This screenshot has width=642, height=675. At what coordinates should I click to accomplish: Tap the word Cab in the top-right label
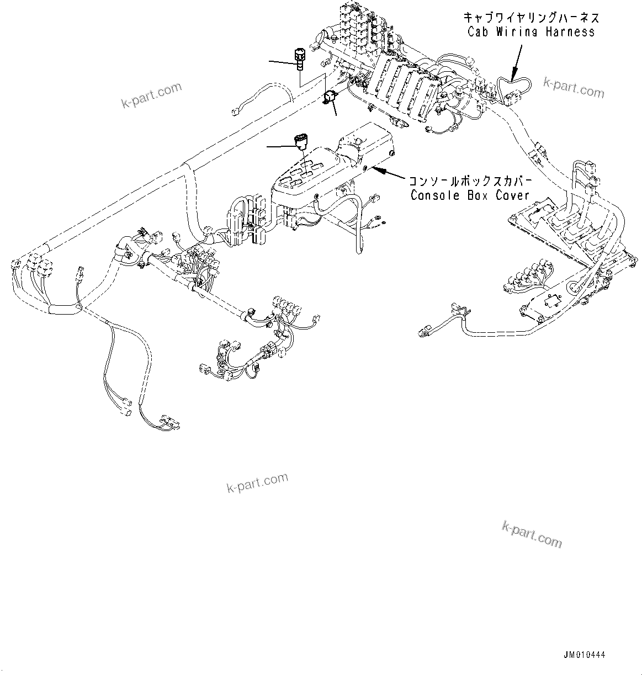tap(478, 32)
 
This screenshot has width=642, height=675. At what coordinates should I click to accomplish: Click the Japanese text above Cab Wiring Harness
tap(530, 18)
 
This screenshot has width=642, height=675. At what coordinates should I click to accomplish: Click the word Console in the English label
tap(434, 195)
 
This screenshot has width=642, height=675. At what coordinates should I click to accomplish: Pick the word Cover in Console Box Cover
tap(511, 195)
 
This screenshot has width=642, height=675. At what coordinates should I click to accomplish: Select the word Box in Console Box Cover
tap(474, 195)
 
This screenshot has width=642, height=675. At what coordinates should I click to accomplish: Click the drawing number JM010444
tap(585, 655)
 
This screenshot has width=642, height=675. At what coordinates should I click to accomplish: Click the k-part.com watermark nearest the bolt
tap(152, 95)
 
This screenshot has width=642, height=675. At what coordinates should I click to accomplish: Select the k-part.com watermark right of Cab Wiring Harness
tap(574, 86)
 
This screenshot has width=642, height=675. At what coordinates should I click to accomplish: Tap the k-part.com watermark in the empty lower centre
tap(257, 483)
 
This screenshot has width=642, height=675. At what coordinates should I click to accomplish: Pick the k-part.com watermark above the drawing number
tap(532, 534)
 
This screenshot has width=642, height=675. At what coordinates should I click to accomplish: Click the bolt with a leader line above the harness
tap(299, 59)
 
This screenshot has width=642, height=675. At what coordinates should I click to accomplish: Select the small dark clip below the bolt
tap(330, 97)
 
